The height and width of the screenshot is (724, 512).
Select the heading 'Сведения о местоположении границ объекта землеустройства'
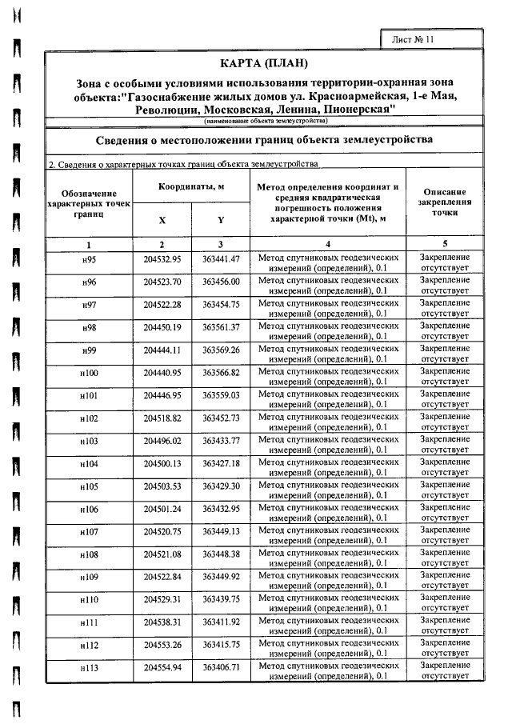click(x=265, y=139)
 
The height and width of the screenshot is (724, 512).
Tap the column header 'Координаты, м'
click(x=191, y=186)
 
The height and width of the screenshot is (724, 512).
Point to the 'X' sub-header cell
click(x=162, y=220)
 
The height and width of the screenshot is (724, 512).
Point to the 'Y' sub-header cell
click(x=221, y=220)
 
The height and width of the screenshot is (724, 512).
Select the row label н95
click(x=89, y=260)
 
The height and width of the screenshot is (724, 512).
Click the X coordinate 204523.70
click(x=162, y=282)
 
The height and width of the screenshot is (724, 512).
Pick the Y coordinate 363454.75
click(x=221, y=305)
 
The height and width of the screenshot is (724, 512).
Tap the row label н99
click(x=89, y=350)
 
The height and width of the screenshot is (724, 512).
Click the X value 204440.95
click(x=162, y=373)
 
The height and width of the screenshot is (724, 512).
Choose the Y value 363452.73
click(x=221, y=418)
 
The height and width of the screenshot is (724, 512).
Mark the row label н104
click(x=89, y=463)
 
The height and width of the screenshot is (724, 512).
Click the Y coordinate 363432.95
click(x=221, y=509)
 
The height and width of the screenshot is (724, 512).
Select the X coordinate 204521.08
click(x=162, y=554)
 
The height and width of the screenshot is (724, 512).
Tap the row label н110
click(x=89, y=599)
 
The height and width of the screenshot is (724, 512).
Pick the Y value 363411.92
click(x=221, y=622)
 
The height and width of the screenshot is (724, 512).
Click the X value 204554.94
click(x=162, y=667)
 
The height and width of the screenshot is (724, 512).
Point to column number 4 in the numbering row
click(x=328, y=243)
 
